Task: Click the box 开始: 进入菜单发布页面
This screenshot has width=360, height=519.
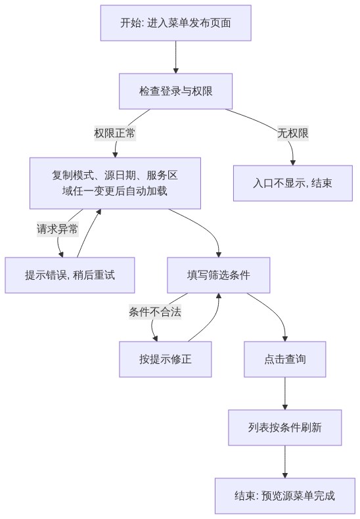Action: [x=175, y=23]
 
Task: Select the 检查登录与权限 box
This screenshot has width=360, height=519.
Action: [x=175, y=91]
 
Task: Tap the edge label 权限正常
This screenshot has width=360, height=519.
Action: [x=115, y=133]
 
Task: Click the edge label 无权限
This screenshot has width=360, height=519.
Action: [x=293, y=133]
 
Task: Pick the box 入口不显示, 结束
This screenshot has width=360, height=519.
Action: [x=293, y=183]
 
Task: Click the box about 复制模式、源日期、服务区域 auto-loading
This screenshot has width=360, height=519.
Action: [x=115, y=183]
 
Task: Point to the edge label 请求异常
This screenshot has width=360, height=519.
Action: [x=58, y=229]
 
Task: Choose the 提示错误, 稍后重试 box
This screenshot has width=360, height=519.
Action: [x=70, y=275]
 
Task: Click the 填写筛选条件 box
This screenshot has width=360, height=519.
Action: [x=218, y=275]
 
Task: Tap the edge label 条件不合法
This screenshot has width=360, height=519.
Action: [x=155, y=312]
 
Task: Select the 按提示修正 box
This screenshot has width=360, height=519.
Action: [x=166, y=359]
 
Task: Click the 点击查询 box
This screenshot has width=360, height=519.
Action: [x=285, y=359]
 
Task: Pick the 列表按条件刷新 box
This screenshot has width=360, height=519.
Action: [x=285, y=427]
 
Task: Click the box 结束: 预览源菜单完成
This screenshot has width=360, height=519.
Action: [x=285, y=495]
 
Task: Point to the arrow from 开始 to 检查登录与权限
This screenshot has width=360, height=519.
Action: [x=175, y=57]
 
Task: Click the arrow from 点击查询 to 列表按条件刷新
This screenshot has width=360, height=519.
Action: [x=285, y=394]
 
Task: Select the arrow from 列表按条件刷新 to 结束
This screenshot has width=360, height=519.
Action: [x=285, y=462]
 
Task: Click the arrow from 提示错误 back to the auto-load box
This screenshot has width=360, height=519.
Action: [x=87, y=233]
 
